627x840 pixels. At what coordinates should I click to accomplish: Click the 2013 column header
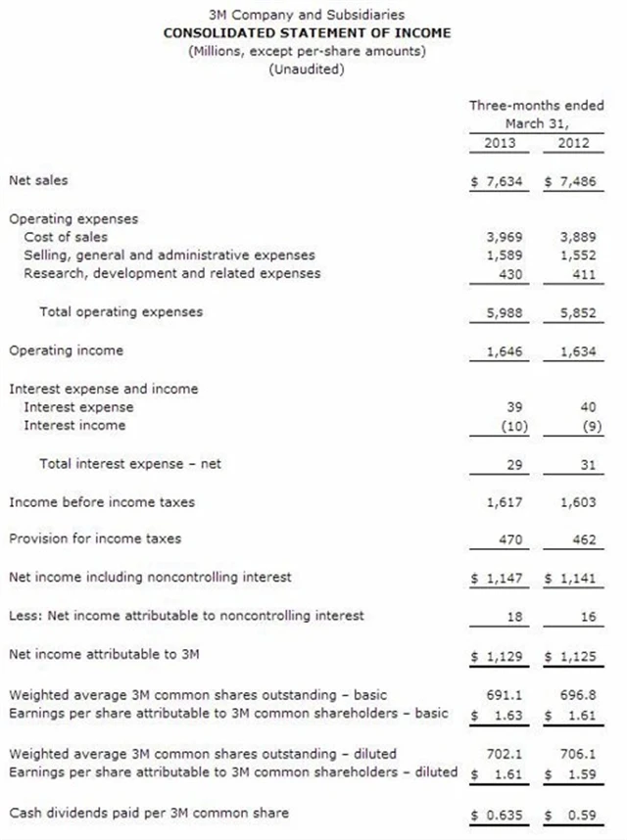(x=500, y=143)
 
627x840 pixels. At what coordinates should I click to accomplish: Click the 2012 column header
(x=573, y=143)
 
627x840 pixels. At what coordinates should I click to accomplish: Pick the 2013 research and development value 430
(x=508, y=274)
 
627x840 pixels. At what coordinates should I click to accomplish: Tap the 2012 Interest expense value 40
(x=588, y=407)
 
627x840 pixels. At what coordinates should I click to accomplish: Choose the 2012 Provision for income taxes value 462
(x=584, y=539)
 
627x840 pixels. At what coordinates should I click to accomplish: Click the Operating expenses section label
(x=73, y=218)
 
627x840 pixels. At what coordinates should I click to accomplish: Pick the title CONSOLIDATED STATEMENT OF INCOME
(x=308, y=32)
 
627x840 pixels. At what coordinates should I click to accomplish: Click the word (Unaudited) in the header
(x=307, y=69)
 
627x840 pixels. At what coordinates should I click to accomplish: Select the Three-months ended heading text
(x=537, y=106)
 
